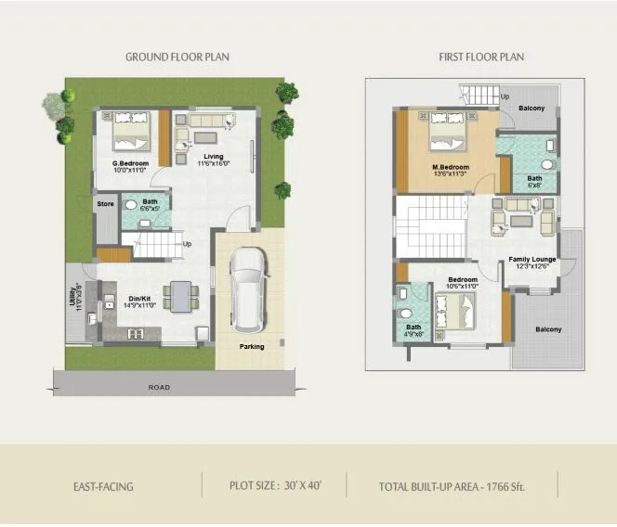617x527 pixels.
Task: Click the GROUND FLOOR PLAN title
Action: coord(177,58)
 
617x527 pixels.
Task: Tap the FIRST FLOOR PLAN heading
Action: coord(481,58)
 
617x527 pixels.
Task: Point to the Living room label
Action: coord(214,158)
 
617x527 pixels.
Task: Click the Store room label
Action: coord(105,203)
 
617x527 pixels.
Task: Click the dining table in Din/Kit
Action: coord(180,295)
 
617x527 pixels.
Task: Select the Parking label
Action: coord(252,347)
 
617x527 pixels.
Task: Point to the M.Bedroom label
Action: coord(451,168)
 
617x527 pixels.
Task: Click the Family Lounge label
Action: coord(532,259)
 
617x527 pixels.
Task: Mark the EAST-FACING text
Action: coord(102,486)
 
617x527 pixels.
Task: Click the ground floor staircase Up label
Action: coord(188,245)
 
